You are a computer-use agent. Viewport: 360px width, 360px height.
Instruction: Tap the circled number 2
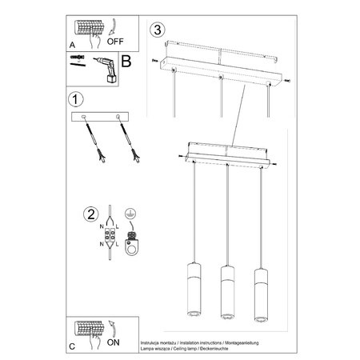coord(92,214)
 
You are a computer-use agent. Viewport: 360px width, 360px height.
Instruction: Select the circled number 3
coord(158,30)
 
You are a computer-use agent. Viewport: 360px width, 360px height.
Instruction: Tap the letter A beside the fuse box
coord(73,46)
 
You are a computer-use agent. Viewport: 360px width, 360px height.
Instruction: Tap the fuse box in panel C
coord(90,329)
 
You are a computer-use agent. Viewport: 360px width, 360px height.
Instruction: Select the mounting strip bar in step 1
coord(102,116)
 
